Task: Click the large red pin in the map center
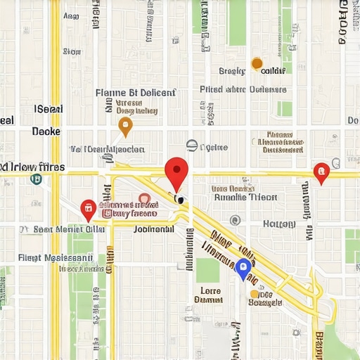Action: click(176, 171)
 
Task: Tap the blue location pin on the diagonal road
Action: click(243, 267)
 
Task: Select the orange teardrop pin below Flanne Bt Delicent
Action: click(125, 127)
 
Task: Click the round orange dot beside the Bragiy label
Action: click(257, 64)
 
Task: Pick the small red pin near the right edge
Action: click(321, 171)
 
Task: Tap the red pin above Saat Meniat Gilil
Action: click(88, 208)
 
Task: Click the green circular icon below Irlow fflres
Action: click(35, 179)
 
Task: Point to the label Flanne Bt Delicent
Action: click(135, 92)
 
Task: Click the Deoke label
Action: click(46, 131)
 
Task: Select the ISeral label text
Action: click(49, 109)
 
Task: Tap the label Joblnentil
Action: click(153, 229)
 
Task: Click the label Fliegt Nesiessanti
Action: click(60, 257)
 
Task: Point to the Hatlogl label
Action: click(278, 224)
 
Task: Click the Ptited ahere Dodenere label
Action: click(243, 89)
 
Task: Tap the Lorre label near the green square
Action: click(210, 290)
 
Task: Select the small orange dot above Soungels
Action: click(254, 303)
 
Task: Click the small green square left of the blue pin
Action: click(207, 270)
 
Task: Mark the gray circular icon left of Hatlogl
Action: click(235, 220)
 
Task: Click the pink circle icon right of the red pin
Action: click(144, 199)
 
